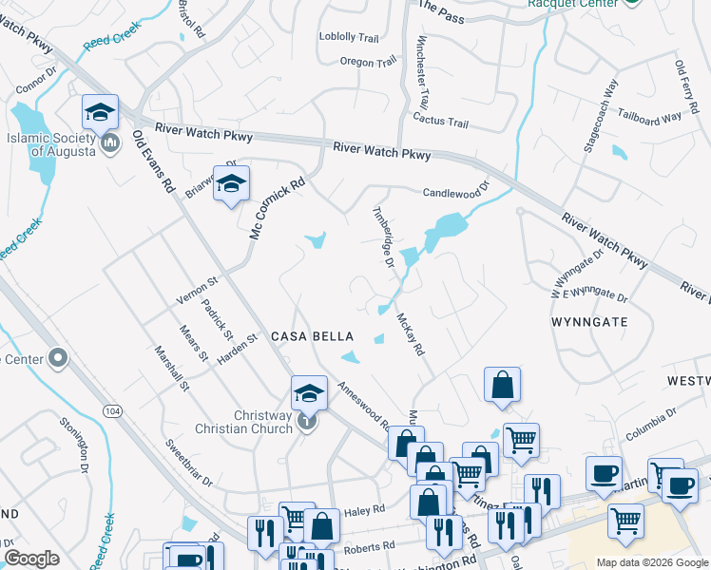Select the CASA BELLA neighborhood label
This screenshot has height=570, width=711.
[x=313, y=336]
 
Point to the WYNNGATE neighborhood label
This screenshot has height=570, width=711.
[x=589, y=322]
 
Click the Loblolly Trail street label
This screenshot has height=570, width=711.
[x=350, y=37]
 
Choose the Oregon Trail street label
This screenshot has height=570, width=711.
[x=368, y=63]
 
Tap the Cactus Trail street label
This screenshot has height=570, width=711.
[x=440, y=123]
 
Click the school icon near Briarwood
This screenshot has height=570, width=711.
[x=231, y=185]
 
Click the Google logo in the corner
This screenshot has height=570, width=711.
[x=31, y=559]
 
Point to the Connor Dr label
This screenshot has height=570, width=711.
[x=37, y=85]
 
